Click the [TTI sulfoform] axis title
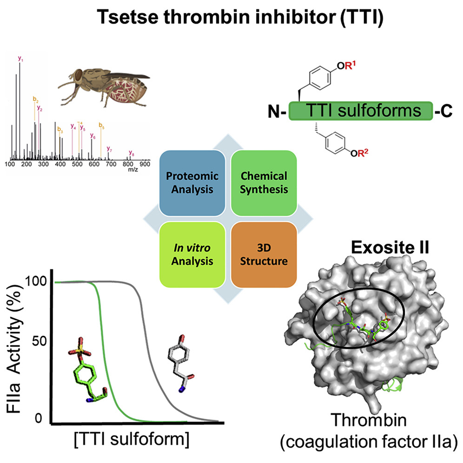[135, 439]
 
